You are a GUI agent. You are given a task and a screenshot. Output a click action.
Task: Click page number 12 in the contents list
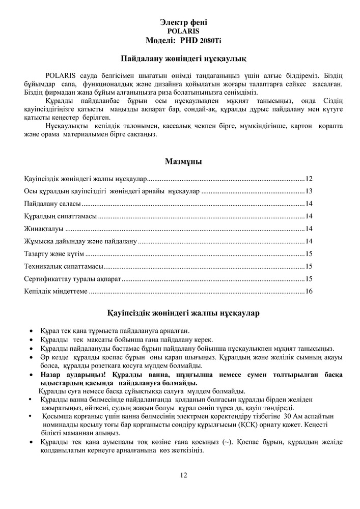click(x=309, y=179)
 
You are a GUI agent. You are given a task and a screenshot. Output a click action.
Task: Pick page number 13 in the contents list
click(x=309, y=191)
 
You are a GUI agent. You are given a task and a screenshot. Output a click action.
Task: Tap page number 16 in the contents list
click(x=309, y=291)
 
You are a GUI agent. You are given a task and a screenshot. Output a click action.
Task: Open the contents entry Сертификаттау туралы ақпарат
click(x=72, y=279)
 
